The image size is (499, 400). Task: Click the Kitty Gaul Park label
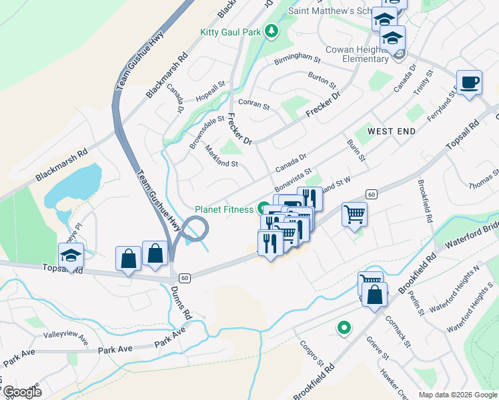(x=231, y=32)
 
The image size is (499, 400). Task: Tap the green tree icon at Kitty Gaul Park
(x=271, y=31)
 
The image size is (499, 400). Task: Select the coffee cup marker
(x=469, y=83)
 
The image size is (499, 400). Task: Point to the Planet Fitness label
(x=224, y=209)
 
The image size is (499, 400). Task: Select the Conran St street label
(x=254, y=105)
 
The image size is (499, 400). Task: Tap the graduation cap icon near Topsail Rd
(x=71, y=255)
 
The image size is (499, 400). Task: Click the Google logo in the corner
(x=22, y=392)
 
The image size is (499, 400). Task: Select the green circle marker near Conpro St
(x=344, y=327)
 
